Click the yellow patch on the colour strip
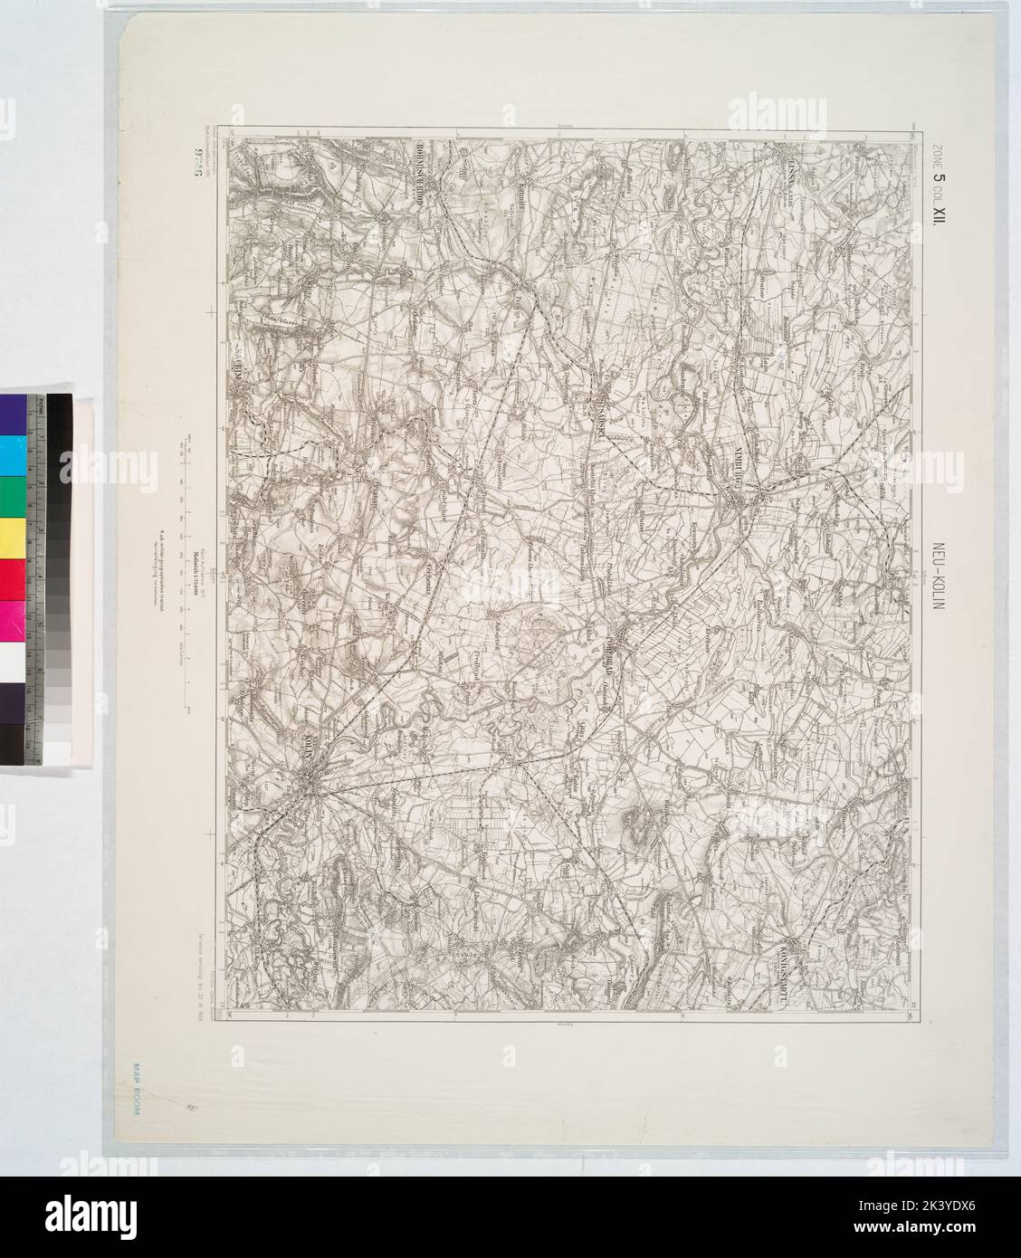coord(14,538)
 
